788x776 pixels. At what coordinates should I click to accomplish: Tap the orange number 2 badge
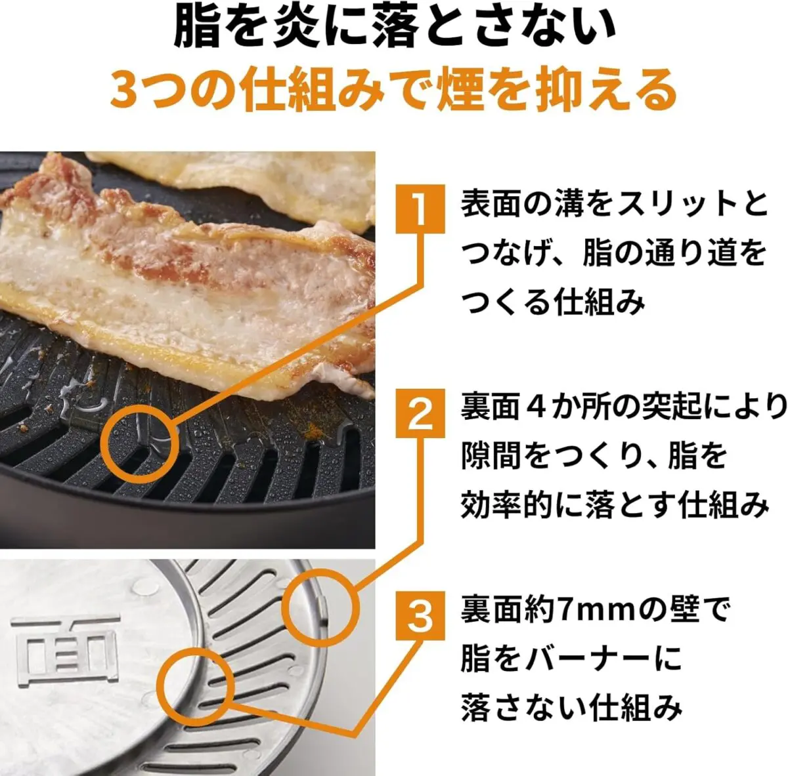(419, 414)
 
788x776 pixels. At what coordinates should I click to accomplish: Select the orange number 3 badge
(419, 616)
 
